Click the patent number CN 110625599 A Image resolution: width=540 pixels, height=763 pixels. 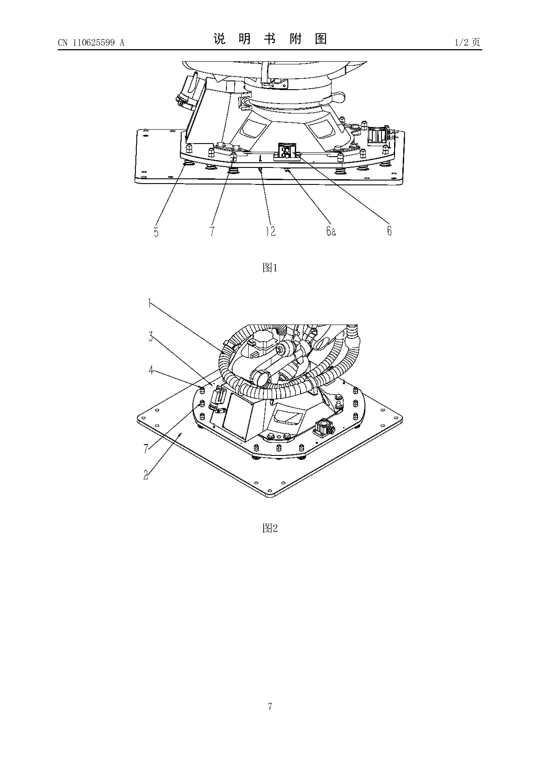click(91, 43)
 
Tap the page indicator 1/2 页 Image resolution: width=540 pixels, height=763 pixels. click(467, 42)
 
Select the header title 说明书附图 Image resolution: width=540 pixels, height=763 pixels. click(270, 39)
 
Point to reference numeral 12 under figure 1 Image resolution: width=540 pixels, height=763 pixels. click(271, 231)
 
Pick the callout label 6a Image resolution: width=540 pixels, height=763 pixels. click(331, 231)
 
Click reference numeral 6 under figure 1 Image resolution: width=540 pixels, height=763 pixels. click(389, 231)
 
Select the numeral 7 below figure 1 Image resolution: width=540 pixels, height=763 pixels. click(212, 232)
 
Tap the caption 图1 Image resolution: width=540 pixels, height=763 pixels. click(270, 268)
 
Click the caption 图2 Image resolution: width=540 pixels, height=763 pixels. click(270, 528)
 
